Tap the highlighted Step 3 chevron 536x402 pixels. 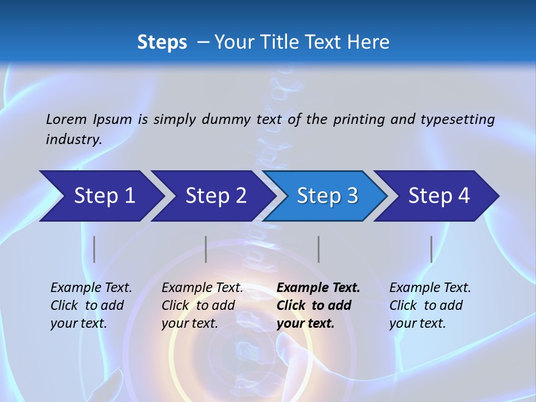(327, 196)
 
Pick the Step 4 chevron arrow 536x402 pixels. (439, 196)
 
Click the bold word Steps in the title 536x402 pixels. (162, 42)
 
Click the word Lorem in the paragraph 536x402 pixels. (66, 119)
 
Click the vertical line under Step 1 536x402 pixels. (94, 249)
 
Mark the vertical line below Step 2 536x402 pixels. (206, 249)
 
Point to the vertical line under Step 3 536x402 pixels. (319, 249)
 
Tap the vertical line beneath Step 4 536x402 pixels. (432, 249)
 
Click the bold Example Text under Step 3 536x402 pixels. (318, 288)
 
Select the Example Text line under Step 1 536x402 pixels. (91, 288)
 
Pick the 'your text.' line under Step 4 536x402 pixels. (417, 323)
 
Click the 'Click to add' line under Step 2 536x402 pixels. (198, 305)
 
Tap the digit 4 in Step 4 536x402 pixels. (463, 196)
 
